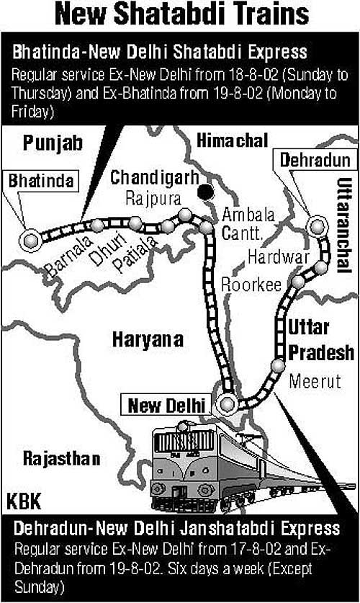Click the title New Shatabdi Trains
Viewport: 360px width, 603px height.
(180, 16)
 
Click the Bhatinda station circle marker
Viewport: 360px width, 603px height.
(30, 240)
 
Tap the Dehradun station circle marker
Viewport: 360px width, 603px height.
(315, 226)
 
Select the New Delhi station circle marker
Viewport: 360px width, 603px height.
(228, 403)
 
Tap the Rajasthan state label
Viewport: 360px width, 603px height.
(61, 458)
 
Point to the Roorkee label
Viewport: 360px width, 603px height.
(251, 285)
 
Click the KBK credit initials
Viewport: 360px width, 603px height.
(24, 501)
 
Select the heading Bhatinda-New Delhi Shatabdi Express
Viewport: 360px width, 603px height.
(159, 52)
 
